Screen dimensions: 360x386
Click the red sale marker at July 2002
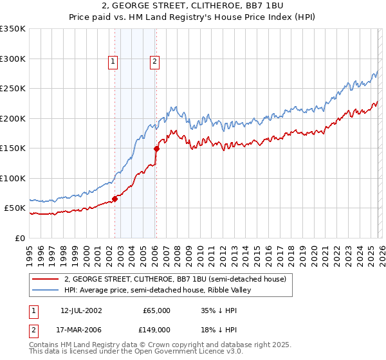(x=115, y=199)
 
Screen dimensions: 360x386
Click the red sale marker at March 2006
(x=156, y=148)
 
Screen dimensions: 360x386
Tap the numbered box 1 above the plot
(x=113, y=62)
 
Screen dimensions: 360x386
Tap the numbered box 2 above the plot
(x=155, y=62)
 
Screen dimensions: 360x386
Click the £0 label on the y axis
(x=19, y=238)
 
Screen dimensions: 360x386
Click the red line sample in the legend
(x=46, y=279)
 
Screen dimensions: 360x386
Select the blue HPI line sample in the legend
(x=46, y=291)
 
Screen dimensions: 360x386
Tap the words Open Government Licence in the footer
(x=183, y=352)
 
